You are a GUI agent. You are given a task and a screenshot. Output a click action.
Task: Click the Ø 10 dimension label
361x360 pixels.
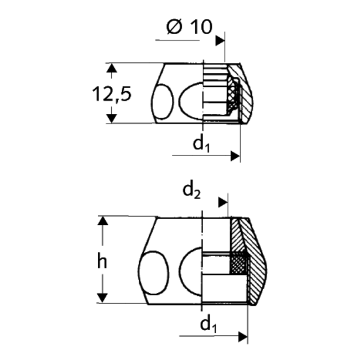pos(189,27)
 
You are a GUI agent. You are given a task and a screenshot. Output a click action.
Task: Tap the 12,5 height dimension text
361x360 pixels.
pos(112,94)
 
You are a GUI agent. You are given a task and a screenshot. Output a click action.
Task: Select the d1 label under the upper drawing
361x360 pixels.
pos(201,145)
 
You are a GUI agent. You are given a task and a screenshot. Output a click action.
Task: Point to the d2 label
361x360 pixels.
pos(192,191)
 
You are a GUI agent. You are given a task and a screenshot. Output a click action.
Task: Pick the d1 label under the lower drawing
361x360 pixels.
pos(208,325)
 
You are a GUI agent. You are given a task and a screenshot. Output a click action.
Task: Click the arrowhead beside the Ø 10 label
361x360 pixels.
pos(220,41)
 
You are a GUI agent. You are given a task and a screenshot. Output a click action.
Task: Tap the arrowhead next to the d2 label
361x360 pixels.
pos(223,202)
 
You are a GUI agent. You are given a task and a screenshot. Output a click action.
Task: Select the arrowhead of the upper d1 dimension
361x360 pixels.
pos(235,156)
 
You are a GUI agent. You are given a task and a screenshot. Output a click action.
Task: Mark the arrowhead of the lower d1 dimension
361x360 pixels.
pos(243,337)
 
